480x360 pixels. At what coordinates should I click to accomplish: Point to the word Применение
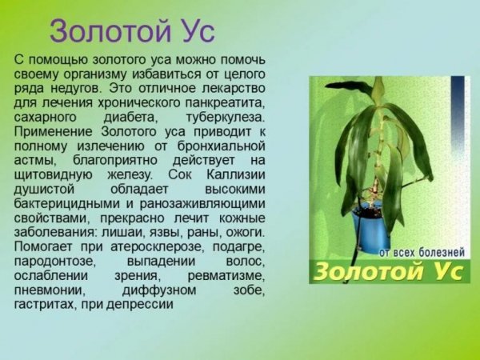[x=54, y=131]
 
